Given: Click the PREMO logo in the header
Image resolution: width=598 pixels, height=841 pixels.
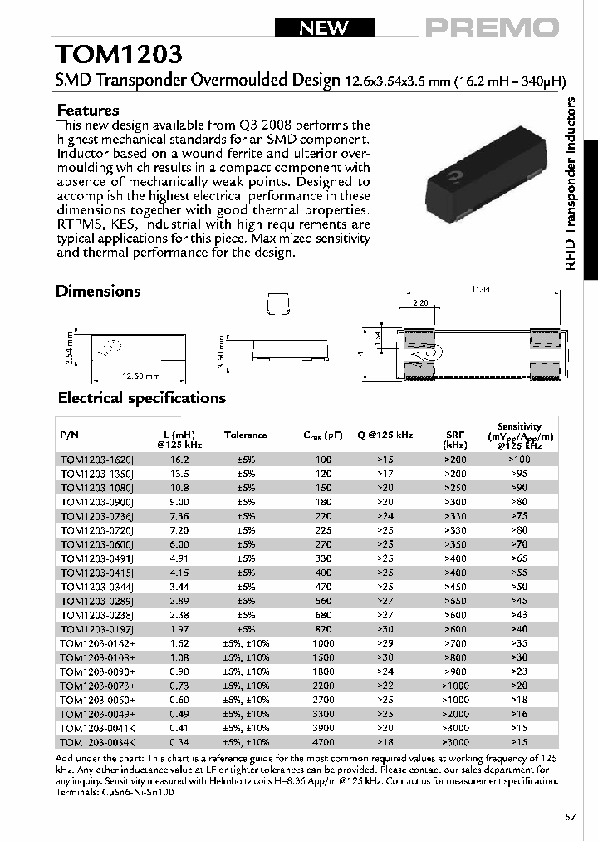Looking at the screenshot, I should (493, 27).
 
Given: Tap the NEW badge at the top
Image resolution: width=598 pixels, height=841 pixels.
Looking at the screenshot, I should (324, 27).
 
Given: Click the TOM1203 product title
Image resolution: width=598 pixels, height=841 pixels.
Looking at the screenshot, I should (118, 55).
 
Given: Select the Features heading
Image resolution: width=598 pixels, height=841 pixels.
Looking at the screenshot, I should (88, 110).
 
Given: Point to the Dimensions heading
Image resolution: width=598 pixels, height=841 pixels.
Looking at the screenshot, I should (98, 291).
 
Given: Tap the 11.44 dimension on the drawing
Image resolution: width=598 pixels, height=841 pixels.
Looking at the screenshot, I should (480, 288).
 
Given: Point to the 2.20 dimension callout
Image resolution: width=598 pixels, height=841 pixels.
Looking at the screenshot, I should (420, 304).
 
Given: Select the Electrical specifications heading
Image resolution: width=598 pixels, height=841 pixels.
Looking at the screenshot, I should (140, 398).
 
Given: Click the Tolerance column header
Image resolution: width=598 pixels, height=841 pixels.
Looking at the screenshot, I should (245, 435).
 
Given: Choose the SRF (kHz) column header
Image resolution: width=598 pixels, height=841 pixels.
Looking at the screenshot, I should (454, 440).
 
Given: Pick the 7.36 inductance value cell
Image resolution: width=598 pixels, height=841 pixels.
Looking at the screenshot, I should (179, 515).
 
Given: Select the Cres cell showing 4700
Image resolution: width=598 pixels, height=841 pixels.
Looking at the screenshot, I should (323, 741).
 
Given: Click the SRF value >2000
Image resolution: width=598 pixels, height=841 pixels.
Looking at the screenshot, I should (454, 713).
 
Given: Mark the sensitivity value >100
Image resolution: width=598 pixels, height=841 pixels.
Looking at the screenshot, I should (518, 459).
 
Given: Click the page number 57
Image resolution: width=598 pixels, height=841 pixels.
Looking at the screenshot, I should (570, 817).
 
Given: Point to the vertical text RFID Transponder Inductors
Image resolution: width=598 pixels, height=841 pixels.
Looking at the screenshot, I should (570, 183).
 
